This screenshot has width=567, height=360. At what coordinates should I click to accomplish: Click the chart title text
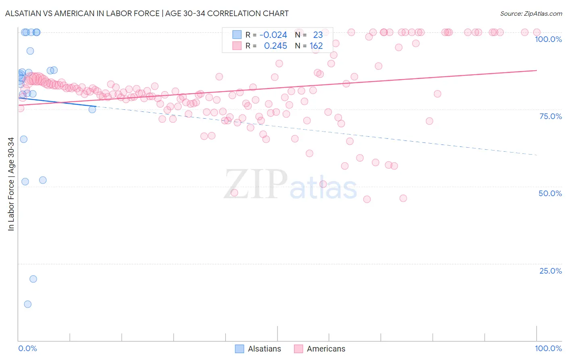[x=147, y=13]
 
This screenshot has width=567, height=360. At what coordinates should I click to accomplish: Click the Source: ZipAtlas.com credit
[x=531, y=13]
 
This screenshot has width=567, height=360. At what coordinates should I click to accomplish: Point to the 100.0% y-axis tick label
[x=548, y=39]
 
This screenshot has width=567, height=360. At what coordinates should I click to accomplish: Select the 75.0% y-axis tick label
[x=550, y=116]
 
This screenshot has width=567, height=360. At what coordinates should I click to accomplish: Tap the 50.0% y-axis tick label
[x=550, y=193]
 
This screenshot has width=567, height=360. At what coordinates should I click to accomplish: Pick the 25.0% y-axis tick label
[x=550, y=271]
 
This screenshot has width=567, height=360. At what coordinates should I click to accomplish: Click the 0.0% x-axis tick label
[x=27, y=348]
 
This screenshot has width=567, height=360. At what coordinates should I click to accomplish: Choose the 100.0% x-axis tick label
[x=548, y=348]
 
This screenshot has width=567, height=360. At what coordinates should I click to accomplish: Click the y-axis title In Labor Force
[x=11, y=184]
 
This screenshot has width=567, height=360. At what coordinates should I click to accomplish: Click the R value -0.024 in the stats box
[x=273, y=35]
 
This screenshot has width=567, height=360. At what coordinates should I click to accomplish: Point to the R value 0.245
[x=275, y=46]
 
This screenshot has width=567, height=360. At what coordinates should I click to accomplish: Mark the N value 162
[x=316, y=46]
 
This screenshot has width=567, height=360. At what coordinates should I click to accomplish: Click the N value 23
[x=318, y=35]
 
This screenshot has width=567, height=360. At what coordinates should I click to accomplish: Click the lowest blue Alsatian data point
[x=27, y=304]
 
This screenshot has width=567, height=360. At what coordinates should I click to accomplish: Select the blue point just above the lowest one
[x=33, y=279]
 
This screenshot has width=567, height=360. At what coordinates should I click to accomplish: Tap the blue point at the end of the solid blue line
[x=92, y=109]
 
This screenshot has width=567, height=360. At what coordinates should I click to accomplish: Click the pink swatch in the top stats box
[x=237, y=46]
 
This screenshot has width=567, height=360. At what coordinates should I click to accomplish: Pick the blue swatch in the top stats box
[x=237, y=35]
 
